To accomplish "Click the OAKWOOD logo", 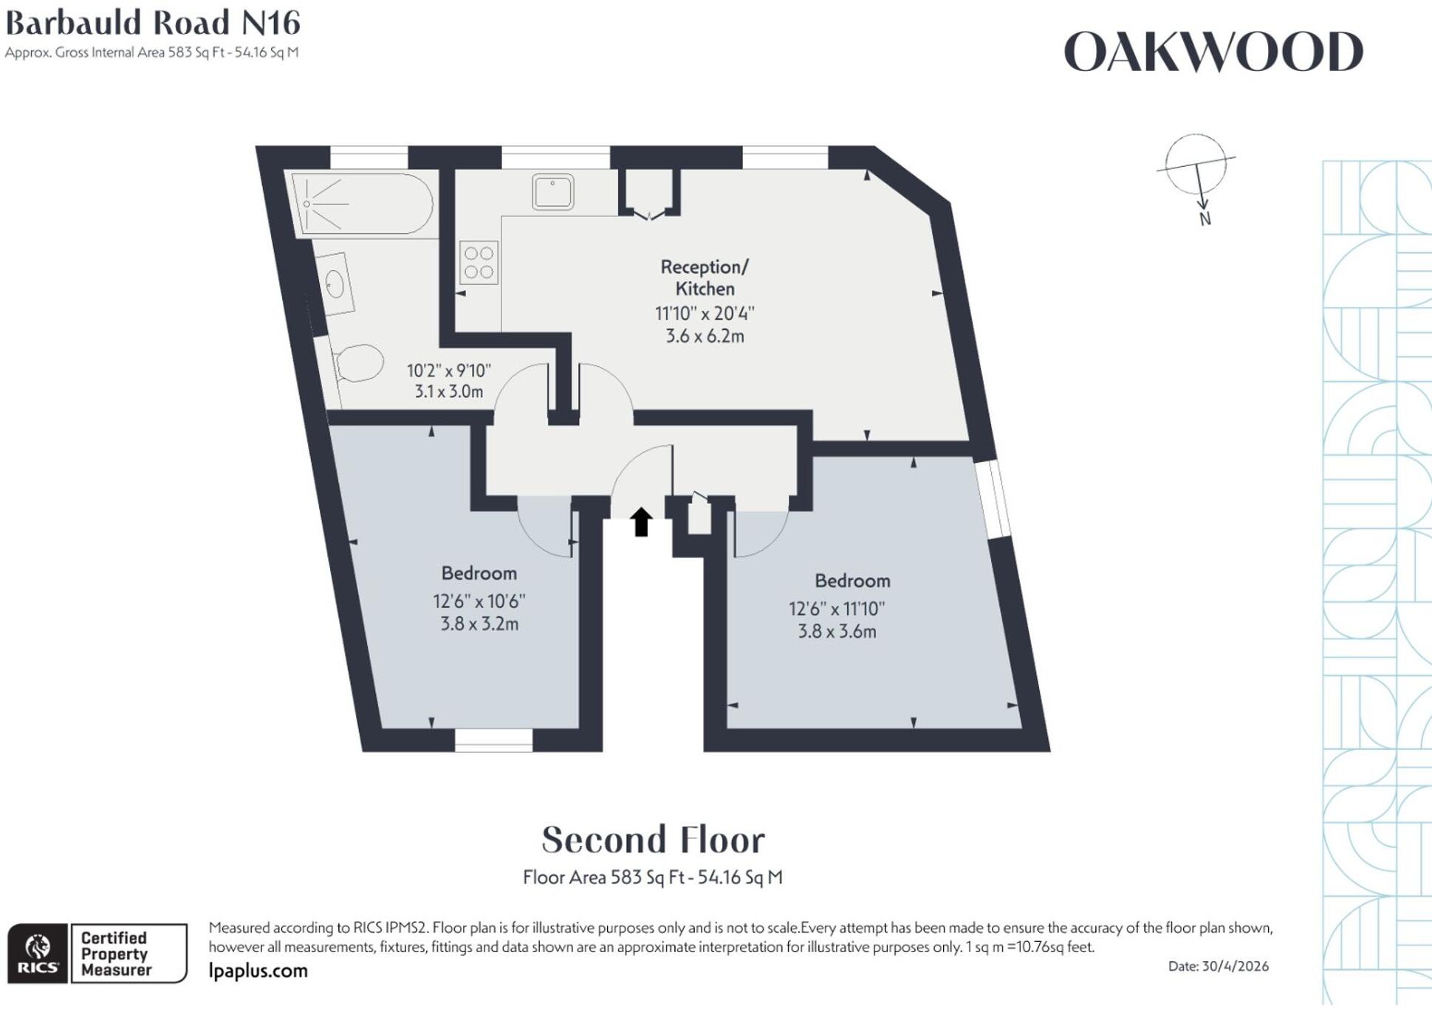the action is click(x=1213, y=52).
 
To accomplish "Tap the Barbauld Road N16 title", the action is click(x=153, y=23).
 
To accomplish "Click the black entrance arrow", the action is click(x=641, y=522).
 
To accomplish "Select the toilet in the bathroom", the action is click(x=359, y=362).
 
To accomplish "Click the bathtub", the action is click(x=362, y=204).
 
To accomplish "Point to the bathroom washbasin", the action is click(x=337, y=283).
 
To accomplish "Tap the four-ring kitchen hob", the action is click(x=479, y=263).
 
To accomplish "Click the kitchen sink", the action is click(x=552, y=192).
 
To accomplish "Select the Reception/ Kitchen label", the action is click(x=705, y=278).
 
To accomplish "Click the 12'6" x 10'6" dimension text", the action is click(x=479, y=602).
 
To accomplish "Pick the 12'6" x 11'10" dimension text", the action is click(x=837, y=609).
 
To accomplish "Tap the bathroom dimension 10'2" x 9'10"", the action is click(x=449, y=371).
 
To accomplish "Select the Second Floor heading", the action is click(x=654, y=840).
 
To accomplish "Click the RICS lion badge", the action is click(x=38, y=953).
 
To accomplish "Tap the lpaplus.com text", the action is click(x=258, y=971).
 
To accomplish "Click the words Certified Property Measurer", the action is click(x=116, y=954).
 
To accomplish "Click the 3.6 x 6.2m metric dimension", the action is click(x=705, y=337).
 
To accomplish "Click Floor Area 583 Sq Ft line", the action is click(x=653, y=878).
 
